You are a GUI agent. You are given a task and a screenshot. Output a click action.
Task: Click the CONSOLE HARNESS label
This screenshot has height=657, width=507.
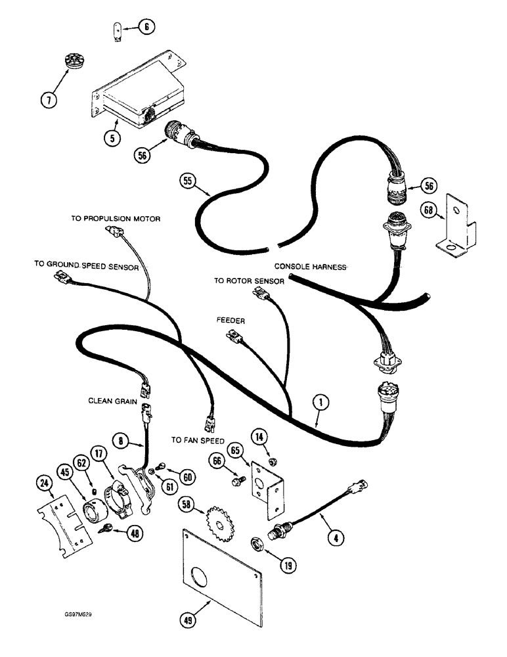click(311, 267)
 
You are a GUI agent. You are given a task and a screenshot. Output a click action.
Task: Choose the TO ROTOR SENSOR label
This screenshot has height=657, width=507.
click(249, 281)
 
